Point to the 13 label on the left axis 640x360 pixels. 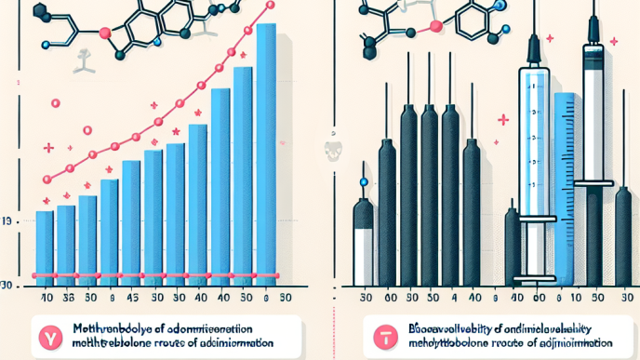coord(7,221)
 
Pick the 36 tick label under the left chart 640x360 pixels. coord(67,300)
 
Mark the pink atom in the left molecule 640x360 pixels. coord(105,33)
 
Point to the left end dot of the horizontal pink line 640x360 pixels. coord(34,276)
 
